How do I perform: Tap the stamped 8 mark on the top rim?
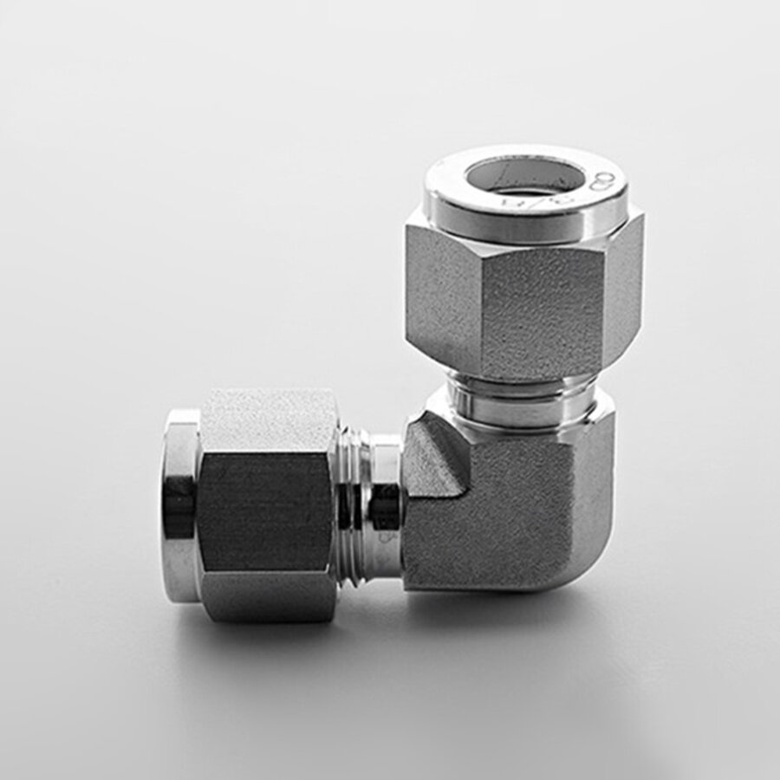(604, 181)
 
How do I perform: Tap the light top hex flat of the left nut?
(269, 420)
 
